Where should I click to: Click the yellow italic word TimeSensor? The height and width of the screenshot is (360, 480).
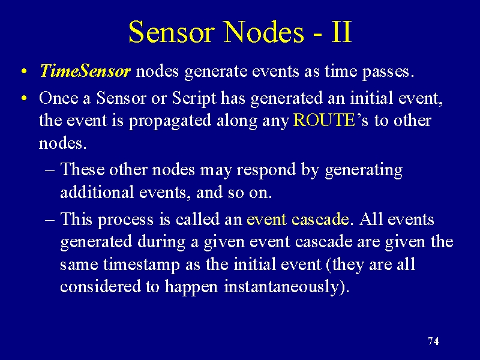click(85, 71)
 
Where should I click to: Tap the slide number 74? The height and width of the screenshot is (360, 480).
click(433, 341)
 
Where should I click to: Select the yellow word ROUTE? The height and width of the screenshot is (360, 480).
click(324, 120)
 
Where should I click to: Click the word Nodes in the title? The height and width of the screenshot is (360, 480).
click(264, 32)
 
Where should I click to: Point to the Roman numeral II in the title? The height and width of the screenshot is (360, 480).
click(341, 32)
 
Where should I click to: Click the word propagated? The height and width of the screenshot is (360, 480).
click(170, 121)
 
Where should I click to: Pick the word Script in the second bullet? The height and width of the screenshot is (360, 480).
click(194, 99)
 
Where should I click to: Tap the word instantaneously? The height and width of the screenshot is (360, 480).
click(281, 287)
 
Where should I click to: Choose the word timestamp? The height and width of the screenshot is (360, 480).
click(142, 265)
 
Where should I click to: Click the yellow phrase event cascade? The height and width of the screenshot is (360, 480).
click(298, 220)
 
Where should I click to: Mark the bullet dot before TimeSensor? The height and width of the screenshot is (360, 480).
click(24, 71)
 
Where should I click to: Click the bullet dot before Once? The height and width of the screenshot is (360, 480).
click(24, 98)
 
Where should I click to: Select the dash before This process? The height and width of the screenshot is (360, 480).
click(50, 220)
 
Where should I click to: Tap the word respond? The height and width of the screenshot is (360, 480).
click(266, 170)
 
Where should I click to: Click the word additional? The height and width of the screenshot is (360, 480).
click(97, 192)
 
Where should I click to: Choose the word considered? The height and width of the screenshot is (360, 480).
click(100, 286)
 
